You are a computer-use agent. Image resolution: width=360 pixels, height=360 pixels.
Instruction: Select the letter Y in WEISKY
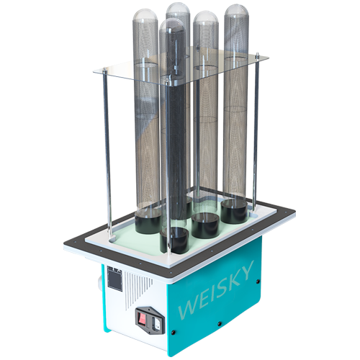click(x=246, y=271)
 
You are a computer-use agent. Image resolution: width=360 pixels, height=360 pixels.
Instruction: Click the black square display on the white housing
click(x=114, y=280)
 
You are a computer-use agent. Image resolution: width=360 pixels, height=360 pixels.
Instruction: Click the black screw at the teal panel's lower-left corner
click(x=174, y=333)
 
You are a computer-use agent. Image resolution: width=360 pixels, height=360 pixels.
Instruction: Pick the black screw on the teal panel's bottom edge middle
click(x=219, y=324)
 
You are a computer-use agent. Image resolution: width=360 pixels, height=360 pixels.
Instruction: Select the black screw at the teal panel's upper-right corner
click(x=258, y=282)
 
